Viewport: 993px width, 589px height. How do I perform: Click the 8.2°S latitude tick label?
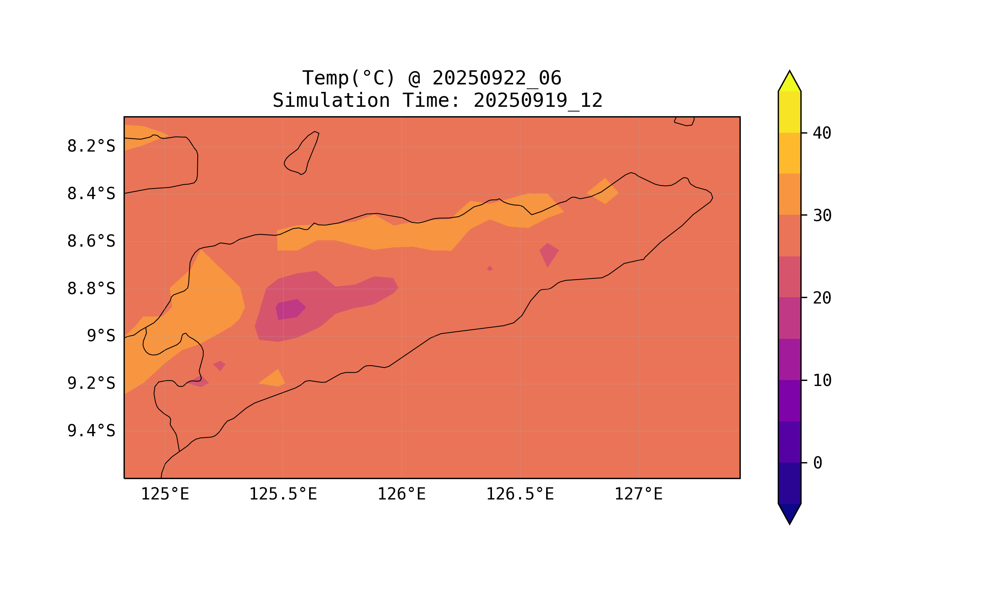point(91,146)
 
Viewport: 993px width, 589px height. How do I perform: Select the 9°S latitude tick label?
point(101,336)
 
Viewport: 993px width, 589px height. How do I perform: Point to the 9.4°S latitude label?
point(91,431)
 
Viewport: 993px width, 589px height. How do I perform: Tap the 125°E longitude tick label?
point(165,494)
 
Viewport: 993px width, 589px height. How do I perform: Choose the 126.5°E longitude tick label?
point(520,494)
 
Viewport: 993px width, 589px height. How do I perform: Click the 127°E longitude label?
point(638,494)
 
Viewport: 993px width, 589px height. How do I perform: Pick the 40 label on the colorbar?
point(822,134)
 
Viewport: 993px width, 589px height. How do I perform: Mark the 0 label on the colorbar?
point(817,463)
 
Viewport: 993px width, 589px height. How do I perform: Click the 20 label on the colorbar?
point(822,298)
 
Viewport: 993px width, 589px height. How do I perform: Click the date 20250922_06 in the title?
point(497,78)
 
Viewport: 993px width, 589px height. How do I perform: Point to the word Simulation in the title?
point(331,101)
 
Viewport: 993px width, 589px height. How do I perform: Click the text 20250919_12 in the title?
point(538,101)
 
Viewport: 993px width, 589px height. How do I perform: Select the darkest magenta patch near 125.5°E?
point(290,310)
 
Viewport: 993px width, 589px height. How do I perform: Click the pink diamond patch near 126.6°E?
point(548,254)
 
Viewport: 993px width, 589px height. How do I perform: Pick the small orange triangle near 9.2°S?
point(274,379)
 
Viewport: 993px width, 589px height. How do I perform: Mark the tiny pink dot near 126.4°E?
point(490,269)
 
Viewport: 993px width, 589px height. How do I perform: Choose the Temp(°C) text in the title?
point(348,78)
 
